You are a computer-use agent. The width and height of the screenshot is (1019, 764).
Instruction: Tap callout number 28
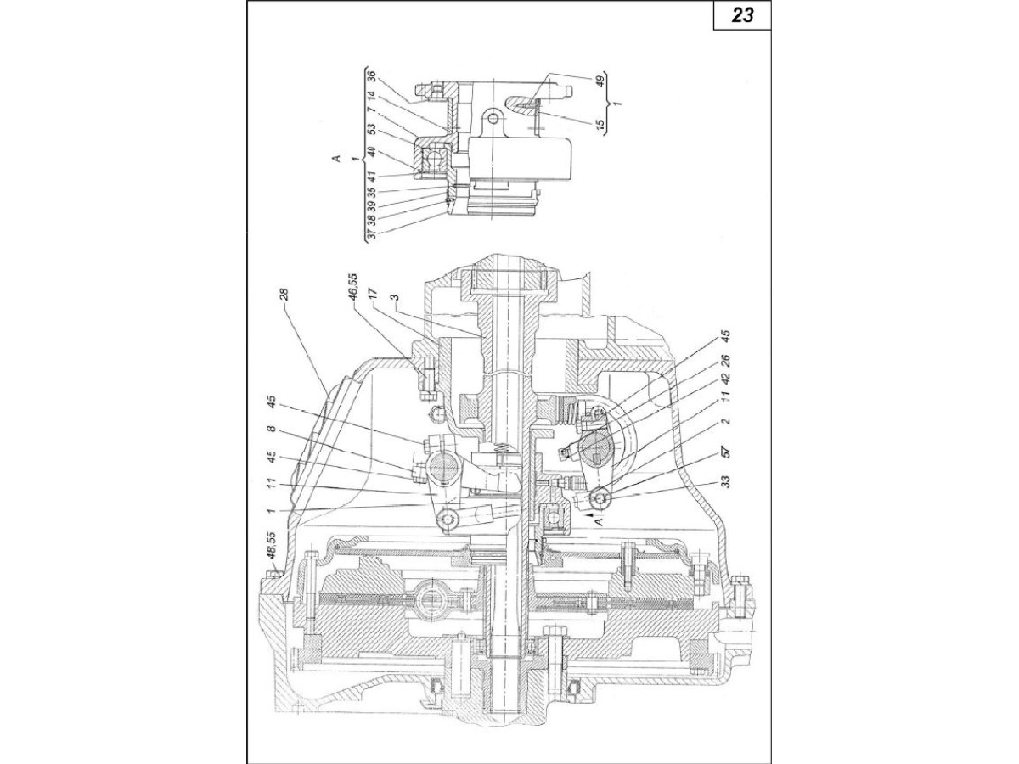[284, 295]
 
